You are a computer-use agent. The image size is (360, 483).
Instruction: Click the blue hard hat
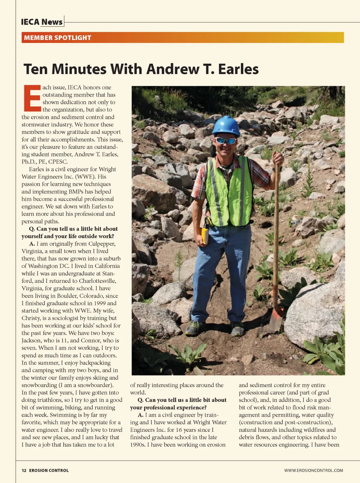[226, 126]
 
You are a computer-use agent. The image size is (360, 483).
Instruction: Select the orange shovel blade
[275, 320]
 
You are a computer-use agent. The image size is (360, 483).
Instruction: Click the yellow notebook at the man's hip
[205, 236]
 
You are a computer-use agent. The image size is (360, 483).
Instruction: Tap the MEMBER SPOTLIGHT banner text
[58, 38]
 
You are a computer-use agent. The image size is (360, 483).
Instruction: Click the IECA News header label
[42, 22]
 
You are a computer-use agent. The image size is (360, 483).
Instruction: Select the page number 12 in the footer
[24, 470]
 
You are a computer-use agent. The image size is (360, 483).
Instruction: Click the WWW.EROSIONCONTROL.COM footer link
[314, 470]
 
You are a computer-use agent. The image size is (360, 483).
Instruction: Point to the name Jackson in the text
[32, 340]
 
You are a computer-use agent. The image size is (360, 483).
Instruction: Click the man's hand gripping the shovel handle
[278, 159]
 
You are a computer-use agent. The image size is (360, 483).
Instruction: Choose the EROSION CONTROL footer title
[49, 470]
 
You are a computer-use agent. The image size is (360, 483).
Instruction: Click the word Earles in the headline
[238, 69]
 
